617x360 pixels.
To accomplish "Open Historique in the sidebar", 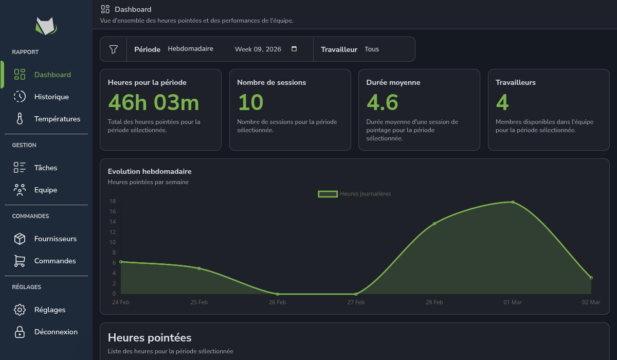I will (x=51, y=97).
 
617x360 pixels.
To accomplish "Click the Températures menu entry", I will (x=57, y=119).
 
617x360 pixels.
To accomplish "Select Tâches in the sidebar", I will (x=46, y=168).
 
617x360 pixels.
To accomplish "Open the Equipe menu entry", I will (x=46, y=190).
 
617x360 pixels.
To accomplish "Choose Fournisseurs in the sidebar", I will (x=55, y=239).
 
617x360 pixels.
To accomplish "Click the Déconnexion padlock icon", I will (x=20, y=332).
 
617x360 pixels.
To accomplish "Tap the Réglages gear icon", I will (x=20, y=310).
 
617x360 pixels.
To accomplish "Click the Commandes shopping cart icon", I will (x=20, y=261).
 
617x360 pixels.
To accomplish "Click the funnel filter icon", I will (x=114, y=49).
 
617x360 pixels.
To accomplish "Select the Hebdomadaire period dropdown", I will (x=191, y=49).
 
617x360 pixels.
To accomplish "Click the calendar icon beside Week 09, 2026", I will (x=294, y=49).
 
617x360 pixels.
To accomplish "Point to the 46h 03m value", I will (x=153, y=103).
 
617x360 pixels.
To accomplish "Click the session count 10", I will (x=250, y=103).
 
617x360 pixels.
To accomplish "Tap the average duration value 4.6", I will (x=382, y=103).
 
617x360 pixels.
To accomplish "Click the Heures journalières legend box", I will (x=328, y=194).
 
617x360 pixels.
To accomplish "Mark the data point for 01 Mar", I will (x=513, y=202).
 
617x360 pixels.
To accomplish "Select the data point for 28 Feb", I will (x=434, y=224).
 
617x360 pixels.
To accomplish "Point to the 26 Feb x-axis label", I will (x=278, y=302).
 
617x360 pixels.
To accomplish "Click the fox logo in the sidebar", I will (x=46, y=25).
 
